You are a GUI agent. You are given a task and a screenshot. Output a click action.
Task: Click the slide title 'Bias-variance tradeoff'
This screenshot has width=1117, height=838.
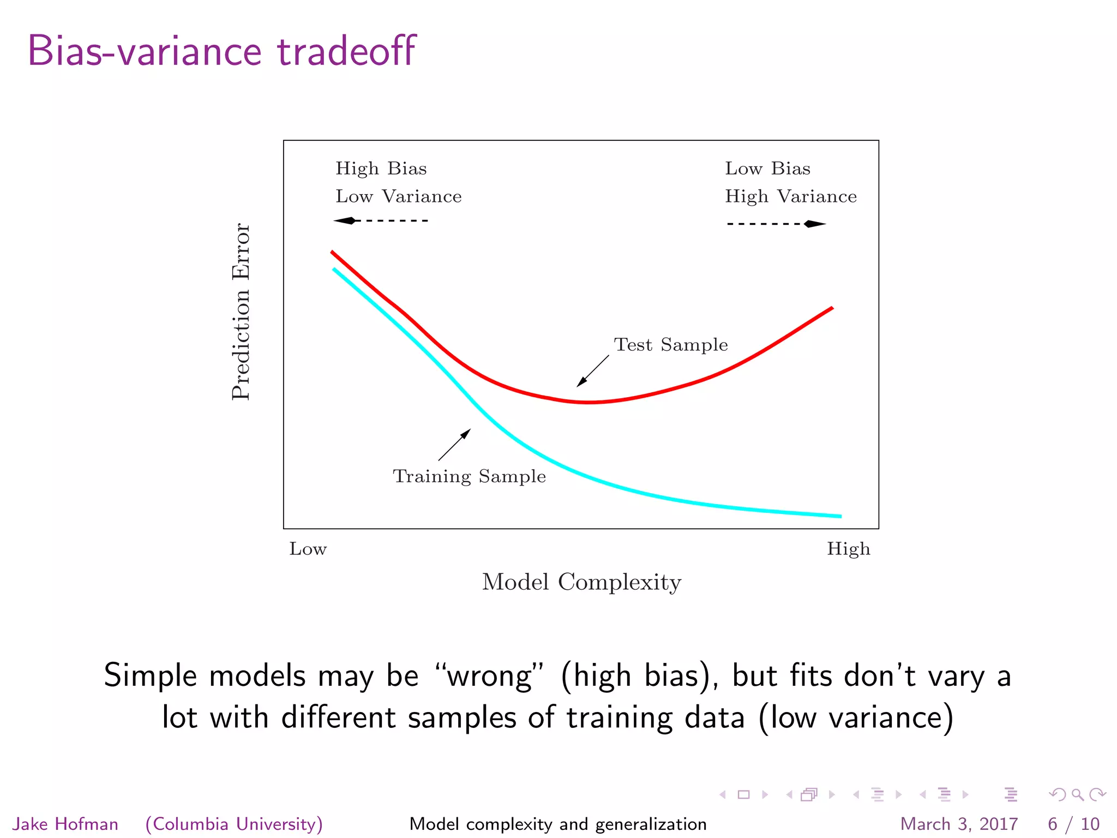click(x=221, y=51)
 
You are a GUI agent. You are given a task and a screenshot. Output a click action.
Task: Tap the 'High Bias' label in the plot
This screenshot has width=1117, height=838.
click(x=381, y=169)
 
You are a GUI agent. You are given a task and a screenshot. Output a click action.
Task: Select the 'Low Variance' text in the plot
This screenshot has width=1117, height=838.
click(x=398, y=196)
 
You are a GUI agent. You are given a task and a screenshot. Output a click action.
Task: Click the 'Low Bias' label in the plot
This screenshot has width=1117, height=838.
click(x=767, y=169)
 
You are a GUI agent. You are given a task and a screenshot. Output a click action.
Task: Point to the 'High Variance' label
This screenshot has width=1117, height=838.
click(x=790, y=196)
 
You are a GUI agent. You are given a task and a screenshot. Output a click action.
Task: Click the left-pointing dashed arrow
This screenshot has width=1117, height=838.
click(x=381, y=220)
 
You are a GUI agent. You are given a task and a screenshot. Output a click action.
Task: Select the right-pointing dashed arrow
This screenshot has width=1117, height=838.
click(x=776, y=224)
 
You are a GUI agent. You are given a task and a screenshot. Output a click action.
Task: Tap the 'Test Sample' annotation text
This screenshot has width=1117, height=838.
click(x=671, y=345)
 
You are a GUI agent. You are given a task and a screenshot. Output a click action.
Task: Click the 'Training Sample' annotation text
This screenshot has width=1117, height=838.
click(x=469, y=476)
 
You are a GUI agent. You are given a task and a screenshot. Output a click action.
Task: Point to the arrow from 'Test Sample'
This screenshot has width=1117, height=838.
click(x=593, y=371)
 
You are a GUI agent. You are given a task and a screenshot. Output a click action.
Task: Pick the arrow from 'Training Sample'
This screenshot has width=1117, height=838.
click(x=454, y=445)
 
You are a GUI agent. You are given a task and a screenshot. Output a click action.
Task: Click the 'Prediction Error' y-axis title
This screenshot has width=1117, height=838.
click(x=241, y=312)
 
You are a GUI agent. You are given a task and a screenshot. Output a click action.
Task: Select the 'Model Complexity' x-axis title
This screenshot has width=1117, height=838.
click(x=581, y=582)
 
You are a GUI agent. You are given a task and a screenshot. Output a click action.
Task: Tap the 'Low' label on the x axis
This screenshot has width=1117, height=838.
click(x=308, y=549)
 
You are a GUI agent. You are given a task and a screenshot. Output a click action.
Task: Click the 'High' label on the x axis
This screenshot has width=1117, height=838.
click(x=848, y=549)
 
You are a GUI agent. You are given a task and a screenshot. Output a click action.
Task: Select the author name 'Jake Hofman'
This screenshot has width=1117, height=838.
click(x=65, y=824)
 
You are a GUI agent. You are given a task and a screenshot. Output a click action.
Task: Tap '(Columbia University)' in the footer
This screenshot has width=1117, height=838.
click(x=234, y=824)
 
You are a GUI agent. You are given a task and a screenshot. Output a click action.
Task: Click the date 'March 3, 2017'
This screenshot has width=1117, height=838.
click(x=959, y=824)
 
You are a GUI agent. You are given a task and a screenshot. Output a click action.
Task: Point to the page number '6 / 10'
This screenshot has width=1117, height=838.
click(x=1073, y=824)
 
